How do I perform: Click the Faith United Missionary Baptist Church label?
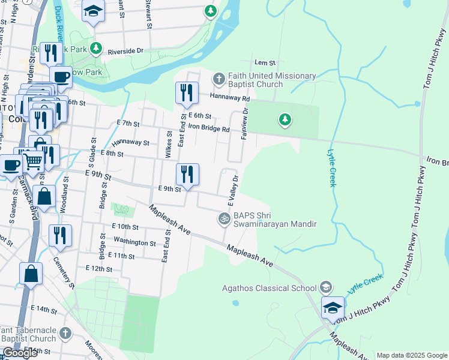pos(271,80)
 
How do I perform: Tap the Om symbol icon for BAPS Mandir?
pos(224,219)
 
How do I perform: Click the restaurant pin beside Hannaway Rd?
pos(187,93)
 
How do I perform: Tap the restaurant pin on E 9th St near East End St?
pos(187,175)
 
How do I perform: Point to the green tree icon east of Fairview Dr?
pos(285,120)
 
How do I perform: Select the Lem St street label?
pos(264,62)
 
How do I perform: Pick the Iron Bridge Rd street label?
pos(209,128)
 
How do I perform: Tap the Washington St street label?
pos(134,243)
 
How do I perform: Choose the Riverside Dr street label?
pos(125,51)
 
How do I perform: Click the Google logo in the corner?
pos(20,353)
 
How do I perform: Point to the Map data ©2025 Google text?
pos(412,355)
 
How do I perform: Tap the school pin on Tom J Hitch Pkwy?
pos(332,308)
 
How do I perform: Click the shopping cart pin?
pos(32,160)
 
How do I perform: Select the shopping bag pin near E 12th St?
pos(31,274)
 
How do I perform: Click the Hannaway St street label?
pos(129,143)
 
